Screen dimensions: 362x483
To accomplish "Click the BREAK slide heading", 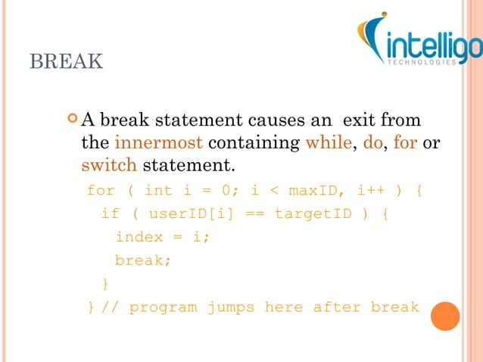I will pos(66,61).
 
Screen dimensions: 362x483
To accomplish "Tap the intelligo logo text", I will pos(432,47).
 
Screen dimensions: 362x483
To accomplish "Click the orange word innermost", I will pos(158,142).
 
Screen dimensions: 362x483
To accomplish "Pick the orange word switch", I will pos(109,164).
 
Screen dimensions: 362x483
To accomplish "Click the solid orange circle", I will pos(446,316).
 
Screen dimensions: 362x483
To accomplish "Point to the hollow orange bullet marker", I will pos(72,119).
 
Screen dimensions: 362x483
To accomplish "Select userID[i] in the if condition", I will pos(182,214).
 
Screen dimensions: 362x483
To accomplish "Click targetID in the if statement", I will pos(313,214).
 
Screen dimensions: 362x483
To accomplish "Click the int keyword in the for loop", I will pos(158,189).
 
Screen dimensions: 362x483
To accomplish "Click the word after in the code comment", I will pos(337,307).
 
